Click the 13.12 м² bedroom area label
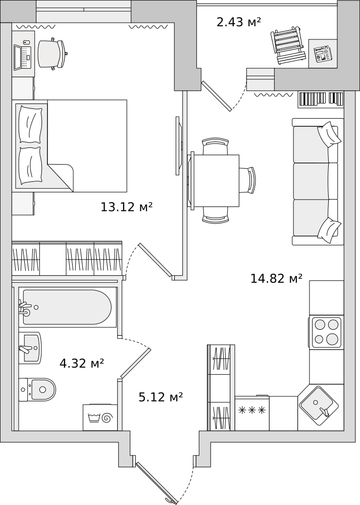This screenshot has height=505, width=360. [x=126, y=207]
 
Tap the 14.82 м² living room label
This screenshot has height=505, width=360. [x=276, y=278]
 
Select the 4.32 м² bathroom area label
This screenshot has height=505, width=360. [x=81, y=364]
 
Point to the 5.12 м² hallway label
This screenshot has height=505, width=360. [x=161, y=397]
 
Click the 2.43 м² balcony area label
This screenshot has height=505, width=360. [x=238, y=22]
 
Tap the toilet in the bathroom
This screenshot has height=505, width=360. [x=37, y=389]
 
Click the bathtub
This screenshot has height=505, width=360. [x=67, y=307]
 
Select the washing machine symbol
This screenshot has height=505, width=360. [x=100, y=418]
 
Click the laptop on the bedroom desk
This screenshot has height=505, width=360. [x=23, y=58]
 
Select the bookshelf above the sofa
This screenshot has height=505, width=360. [x=321, y=99]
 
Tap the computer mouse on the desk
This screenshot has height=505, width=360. [x=26, y=42]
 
